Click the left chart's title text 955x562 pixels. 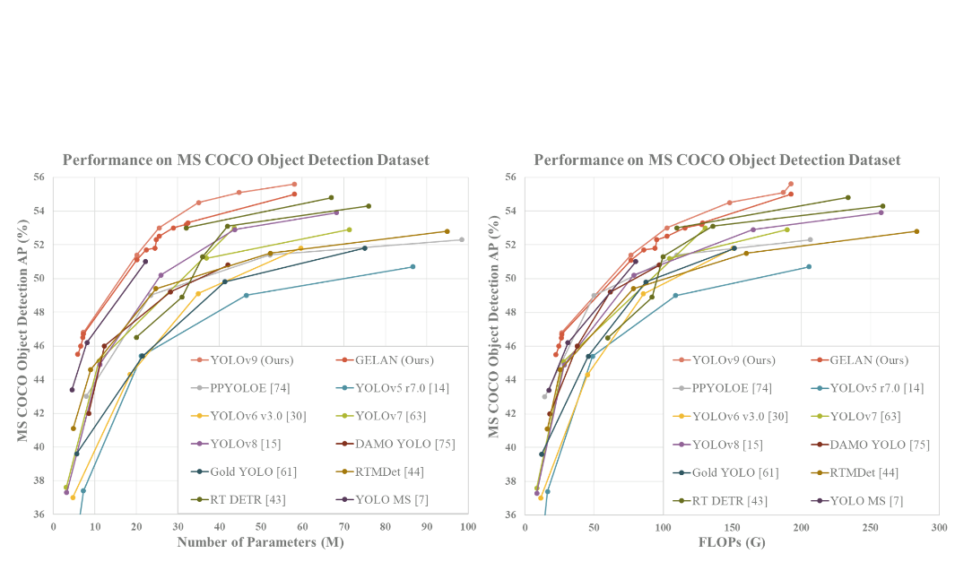[246, 160]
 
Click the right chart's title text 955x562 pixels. [717, 160]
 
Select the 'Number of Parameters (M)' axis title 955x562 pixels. [259, 542]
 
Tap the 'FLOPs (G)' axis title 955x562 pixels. [731, 542]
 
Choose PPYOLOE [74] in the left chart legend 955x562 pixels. [250, 388]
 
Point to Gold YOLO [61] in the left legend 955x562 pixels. [253, 472]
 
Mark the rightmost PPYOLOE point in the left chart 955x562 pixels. [462, 239]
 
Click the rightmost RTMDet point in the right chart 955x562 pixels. [916, 231]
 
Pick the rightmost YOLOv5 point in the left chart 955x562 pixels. [412, 266]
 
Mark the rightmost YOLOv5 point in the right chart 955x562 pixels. [809, 266]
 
